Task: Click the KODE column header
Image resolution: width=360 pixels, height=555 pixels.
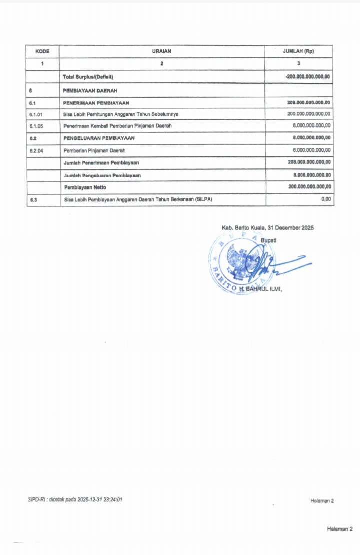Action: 42,51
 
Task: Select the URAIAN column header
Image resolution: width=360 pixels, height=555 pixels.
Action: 162,51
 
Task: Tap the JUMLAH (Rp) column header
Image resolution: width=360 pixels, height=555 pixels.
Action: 298,51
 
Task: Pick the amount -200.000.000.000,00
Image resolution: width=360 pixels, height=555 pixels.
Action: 308,77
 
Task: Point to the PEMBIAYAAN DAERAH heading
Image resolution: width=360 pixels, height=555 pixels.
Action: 90,90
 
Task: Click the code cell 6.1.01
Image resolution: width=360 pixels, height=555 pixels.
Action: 36,114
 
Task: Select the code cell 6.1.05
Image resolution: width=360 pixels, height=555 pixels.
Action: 36,126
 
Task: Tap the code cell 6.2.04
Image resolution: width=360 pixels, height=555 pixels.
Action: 36,150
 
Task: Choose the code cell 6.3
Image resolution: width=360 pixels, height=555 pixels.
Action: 33,200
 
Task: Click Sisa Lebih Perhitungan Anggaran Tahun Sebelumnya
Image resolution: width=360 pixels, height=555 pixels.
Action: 121,114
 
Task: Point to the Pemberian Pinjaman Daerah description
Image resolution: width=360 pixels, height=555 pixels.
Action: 94,150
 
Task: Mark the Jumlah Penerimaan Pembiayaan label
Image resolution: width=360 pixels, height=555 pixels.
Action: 101,163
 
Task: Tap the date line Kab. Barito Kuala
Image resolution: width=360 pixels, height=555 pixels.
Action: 268,228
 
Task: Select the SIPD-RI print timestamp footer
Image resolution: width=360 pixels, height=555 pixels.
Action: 75,499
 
